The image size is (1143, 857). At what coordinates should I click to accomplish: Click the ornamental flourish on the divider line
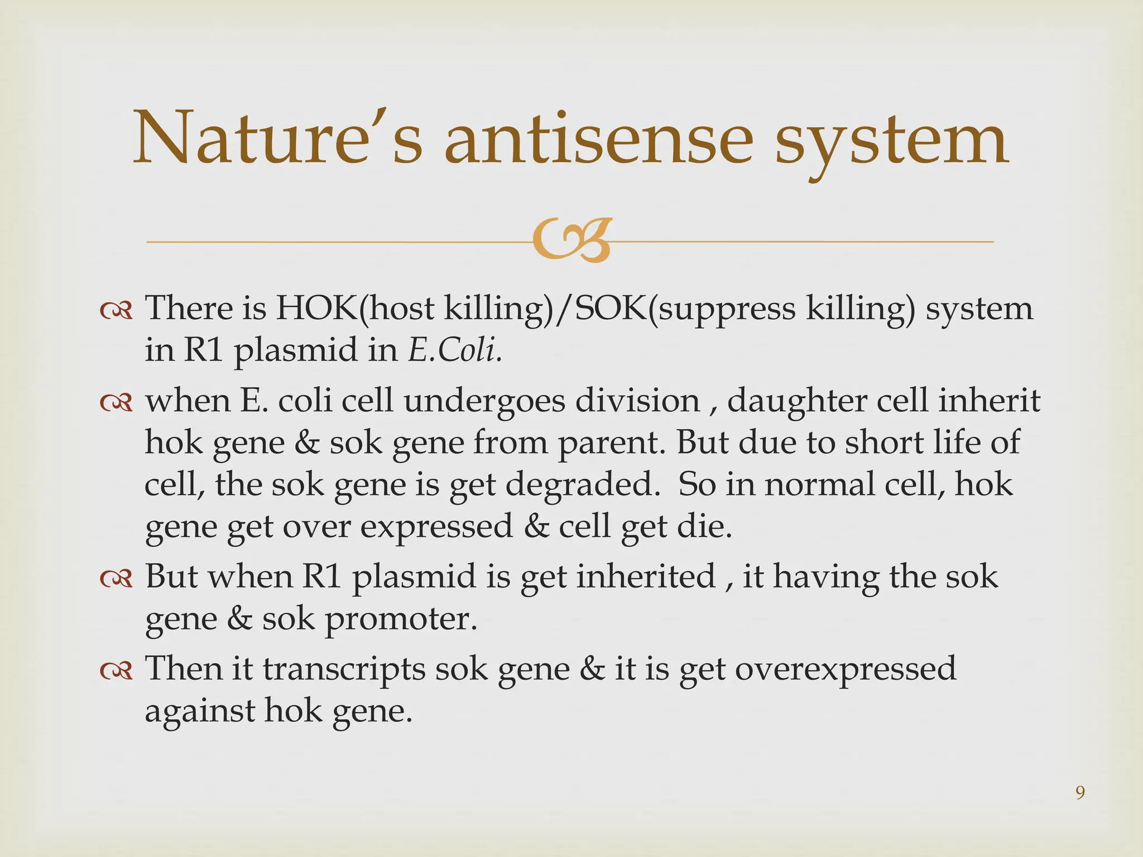coord(570,241)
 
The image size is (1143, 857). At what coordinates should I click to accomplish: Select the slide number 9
coord(1080,793)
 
